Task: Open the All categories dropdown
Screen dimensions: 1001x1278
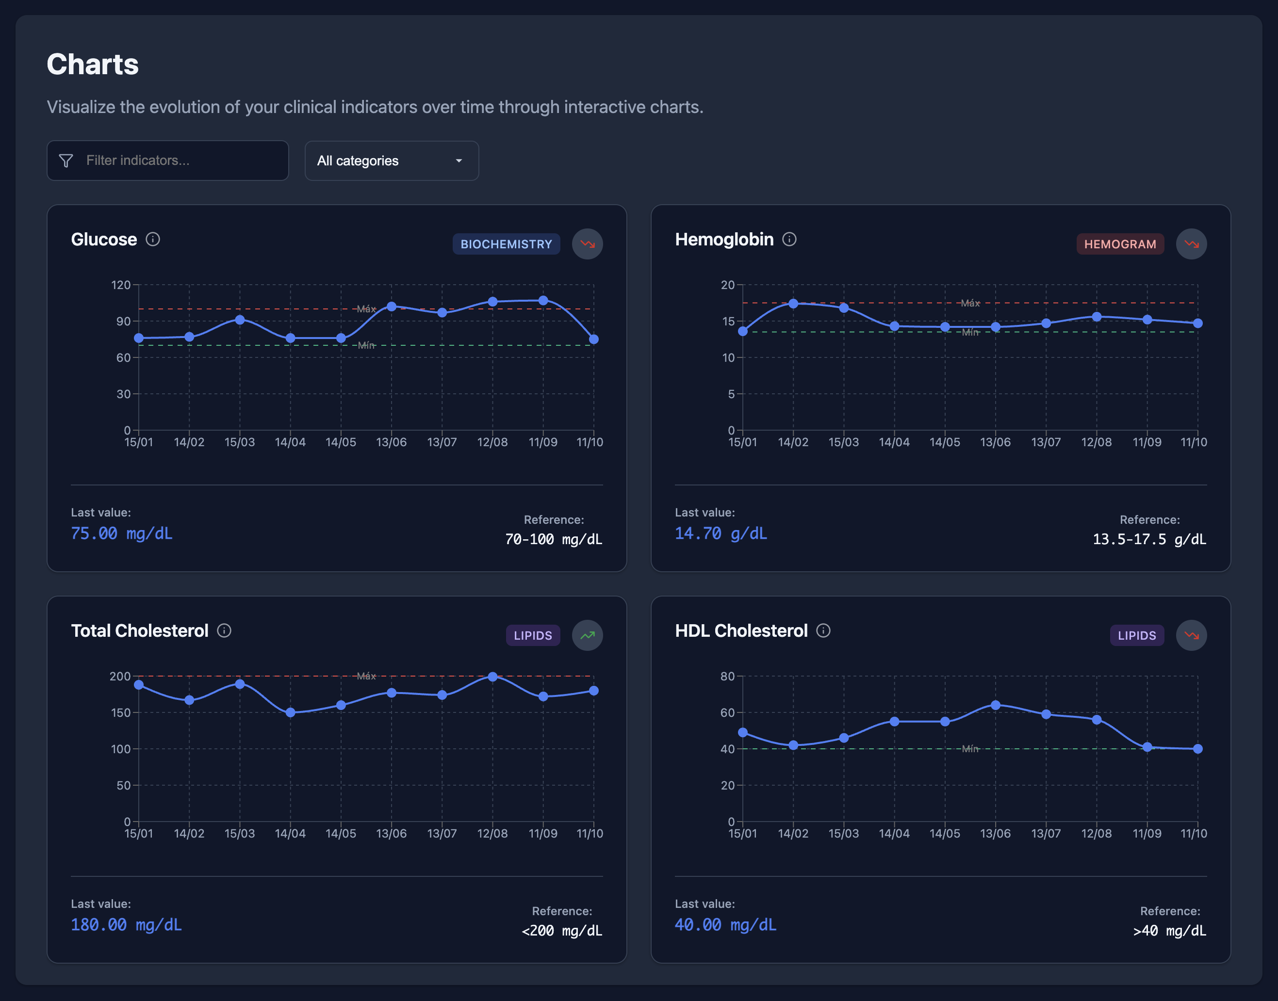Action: tap(391, 161)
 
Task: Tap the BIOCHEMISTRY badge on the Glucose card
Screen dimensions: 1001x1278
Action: tap(506, 244)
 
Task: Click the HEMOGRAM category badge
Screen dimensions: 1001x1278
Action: tap(1120, 244)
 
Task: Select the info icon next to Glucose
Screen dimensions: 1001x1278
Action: tap(153, 239)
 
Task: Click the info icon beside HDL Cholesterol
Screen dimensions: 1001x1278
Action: tap(823, 630)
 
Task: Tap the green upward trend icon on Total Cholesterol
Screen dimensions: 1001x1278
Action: tap(588, 635)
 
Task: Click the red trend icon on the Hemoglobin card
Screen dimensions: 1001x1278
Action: tap(1191, 244)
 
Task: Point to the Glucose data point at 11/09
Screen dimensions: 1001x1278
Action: tap(543, 301)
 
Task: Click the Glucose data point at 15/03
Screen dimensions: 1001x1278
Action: tap(240, 320)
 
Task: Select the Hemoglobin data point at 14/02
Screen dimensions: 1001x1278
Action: tap(793, 304)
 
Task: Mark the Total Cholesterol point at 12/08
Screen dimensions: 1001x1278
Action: tap(492, 677)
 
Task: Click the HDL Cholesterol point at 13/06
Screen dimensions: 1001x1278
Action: tap(996, 705)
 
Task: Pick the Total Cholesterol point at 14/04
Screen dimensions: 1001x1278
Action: tap(290, 712)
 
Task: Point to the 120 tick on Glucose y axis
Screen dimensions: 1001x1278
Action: tap(121, 285)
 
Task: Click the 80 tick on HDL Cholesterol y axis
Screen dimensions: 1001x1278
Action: tap(727, 677)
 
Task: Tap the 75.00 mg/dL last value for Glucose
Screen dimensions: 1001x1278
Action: tap(121, 533)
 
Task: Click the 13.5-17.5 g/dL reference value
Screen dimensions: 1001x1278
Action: tap(1149, 539)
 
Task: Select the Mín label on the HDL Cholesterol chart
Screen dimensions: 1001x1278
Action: tap(970, 749)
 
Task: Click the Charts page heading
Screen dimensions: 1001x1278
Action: tap(93, 65)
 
